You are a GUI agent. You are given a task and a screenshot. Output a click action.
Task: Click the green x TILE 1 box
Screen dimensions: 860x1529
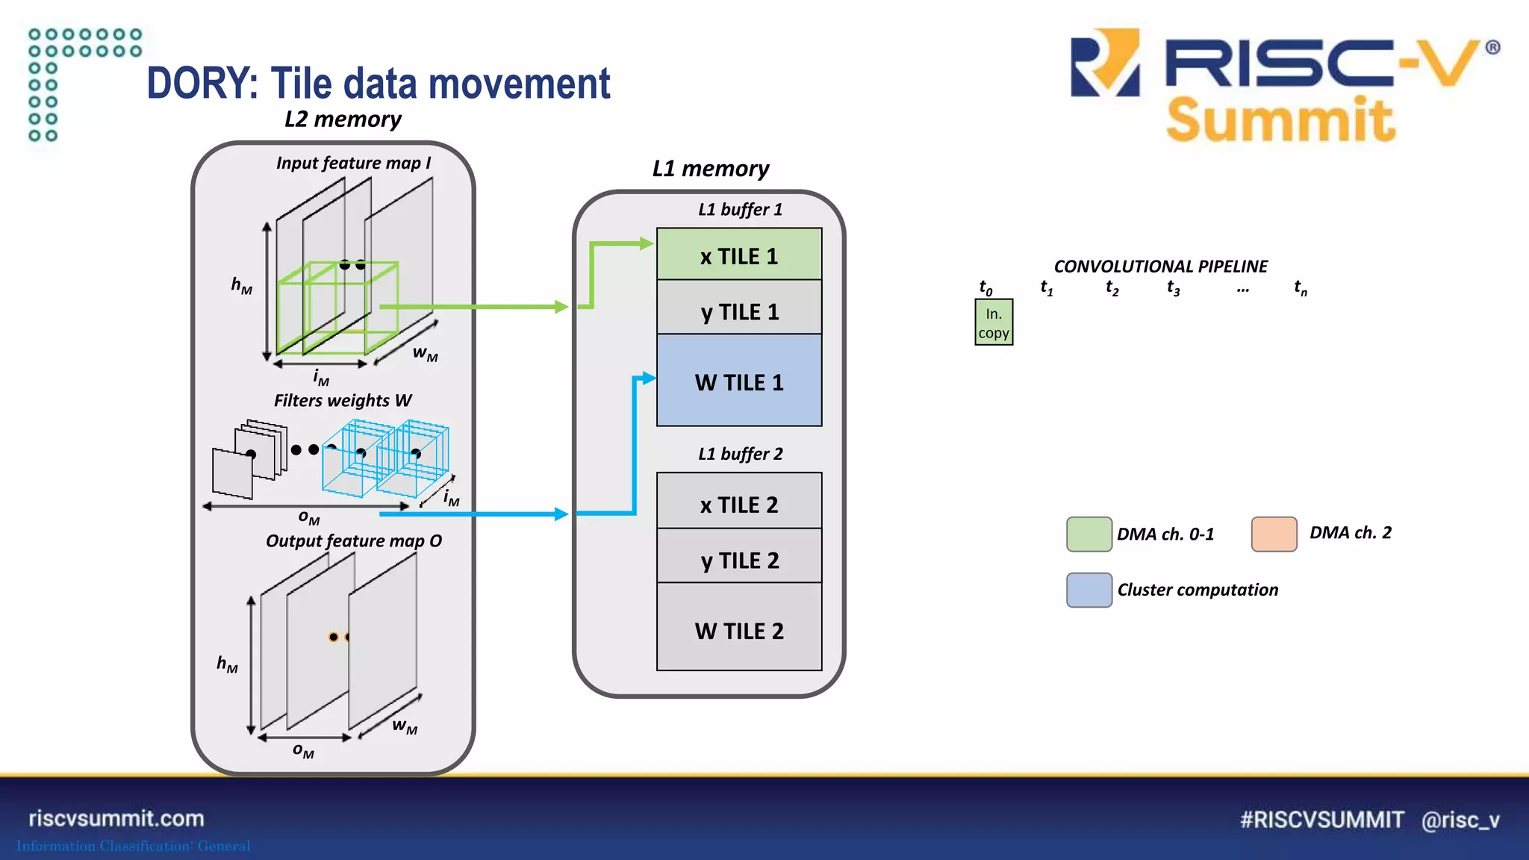(739, 255)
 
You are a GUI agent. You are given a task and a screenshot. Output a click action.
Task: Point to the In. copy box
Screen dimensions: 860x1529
(994, 322)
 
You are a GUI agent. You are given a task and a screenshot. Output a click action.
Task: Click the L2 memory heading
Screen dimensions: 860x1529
(343, 119)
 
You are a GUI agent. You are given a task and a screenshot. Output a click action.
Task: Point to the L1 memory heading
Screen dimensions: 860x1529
(710, 169)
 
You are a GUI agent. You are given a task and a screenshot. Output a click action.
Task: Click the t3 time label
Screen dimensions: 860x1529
(1174, 288)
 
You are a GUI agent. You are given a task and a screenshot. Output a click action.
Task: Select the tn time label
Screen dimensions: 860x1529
(1301, 288)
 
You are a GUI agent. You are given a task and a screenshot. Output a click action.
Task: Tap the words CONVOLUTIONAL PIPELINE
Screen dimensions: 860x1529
(1160, 267)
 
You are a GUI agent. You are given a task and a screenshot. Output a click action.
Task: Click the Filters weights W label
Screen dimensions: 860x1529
(343, 401)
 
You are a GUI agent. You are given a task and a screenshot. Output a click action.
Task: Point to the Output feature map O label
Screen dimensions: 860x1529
(354, 541)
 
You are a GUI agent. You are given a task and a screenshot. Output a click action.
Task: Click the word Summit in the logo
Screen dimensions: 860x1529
(1280, 119)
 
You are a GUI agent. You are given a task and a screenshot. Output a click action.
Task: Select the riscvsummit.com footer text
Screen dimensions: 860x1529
(116, 818)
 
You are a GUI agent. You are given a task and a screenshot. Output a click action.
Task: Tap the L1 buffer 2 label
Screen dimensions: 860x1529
(740, 454)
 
